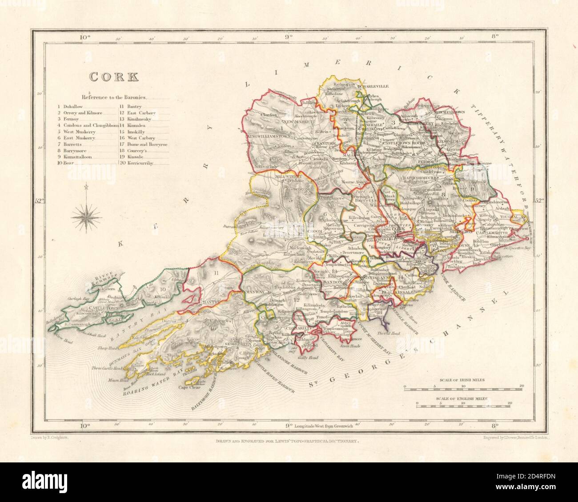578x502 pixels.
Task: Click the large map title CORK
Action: tap(114, 76)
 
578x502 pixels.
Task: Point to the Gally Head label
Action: tap(299, 352)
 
